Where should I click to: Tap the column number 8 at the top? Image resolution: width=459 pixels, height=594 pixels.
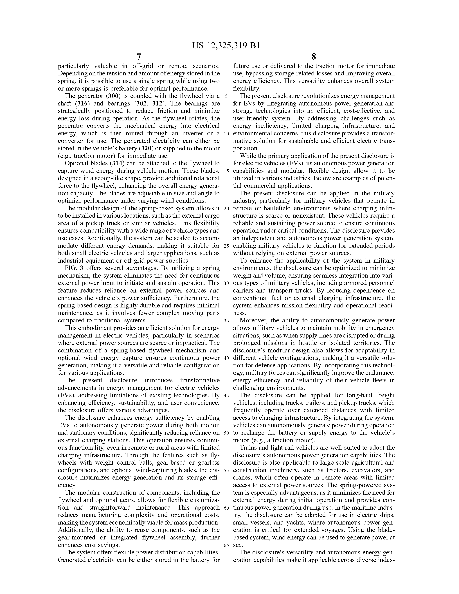pos(314,57)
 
